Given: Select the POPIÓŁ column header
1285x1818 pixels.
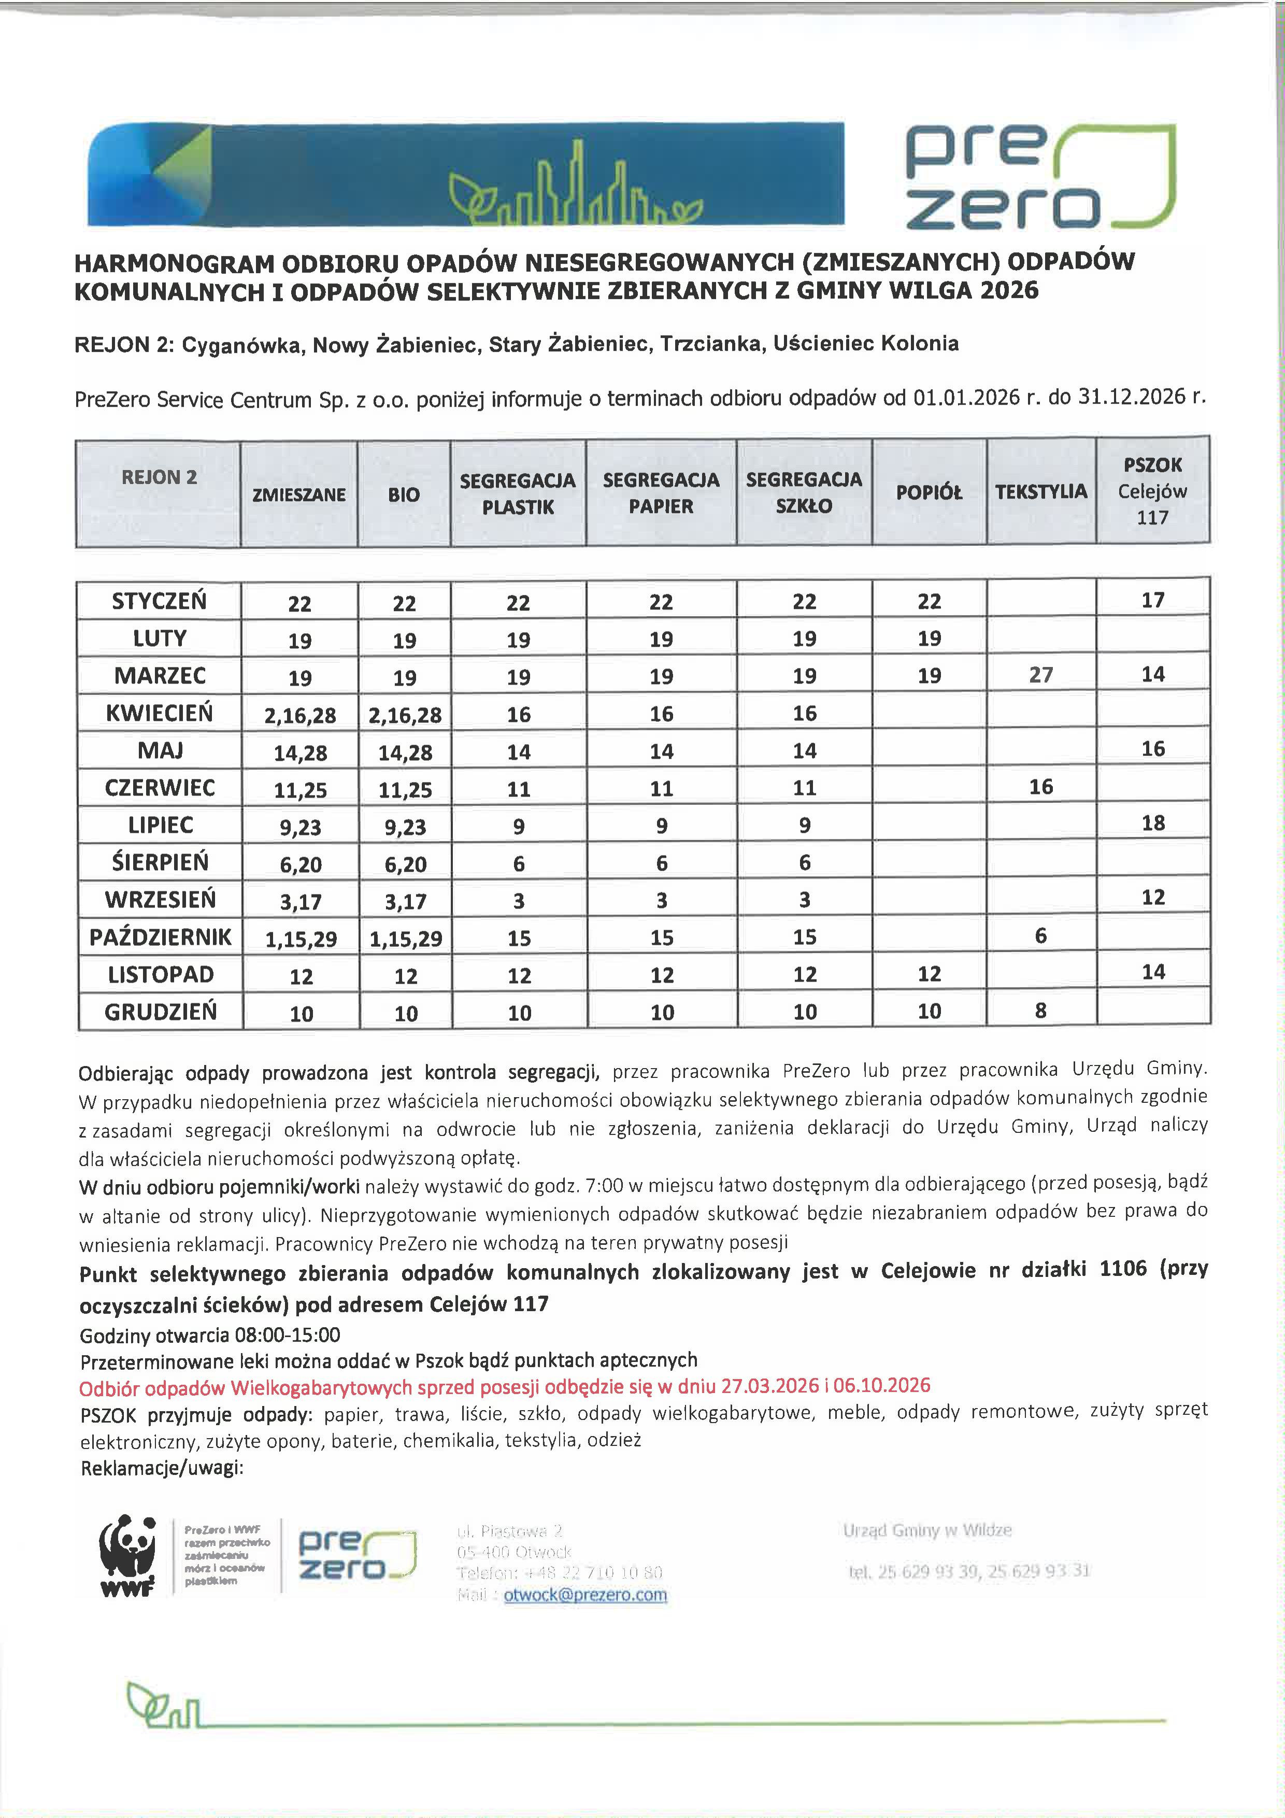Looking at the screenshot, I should [x=929, y=492].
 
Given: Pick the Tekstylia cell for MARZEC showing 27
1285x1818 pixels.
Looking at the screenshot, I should [x=1040, y=675].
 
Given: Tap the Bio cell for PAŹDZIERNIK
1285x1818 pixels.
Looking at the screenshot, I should [x=405, y=939].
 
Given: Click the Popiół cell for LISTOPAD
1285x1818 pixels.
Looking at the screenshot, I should [x=929, y=974].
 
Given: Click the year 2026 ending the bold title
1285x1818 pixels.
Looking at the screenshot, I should [x=1009, y=291].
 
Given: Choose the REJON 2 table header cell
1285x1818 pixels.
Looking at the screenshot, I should [x=159, y=477].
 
